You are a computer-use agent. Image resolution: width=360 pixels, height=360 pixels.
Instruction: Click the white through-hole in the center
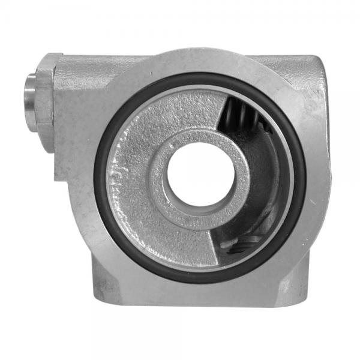200,173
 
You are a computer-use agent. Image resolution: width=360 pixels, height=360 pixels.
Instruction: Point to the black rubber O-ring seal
100,180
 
